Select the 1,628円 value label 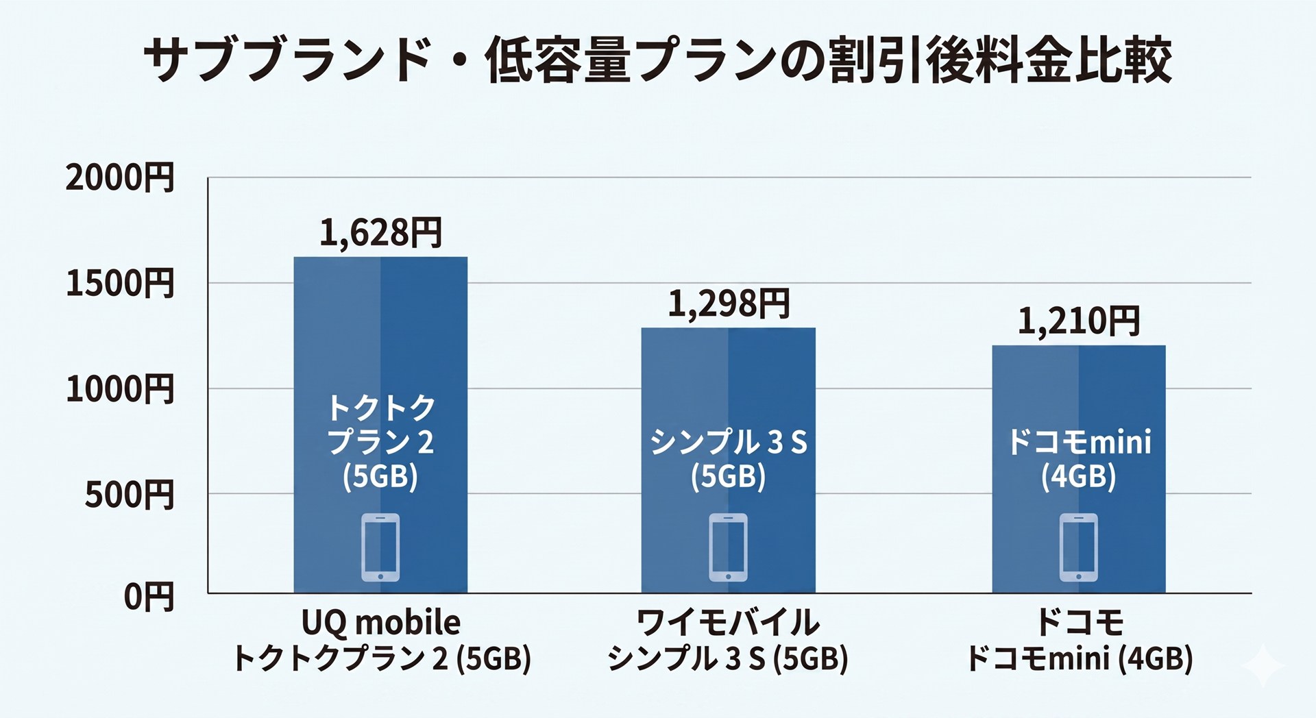click(x=381, y=233)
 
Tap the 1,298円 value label click(x=729, y=304)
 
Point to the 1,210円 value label click(x=1079, y=321)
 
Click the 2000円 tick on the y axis click(x=120, y=178)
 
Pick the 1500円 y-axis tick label click(x=120, y=284)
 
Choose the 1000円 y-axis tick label click(x=120, y=389)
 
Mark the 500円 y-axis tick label click(x=130, y=495)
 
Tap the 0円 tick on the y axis click(x=149, y=597)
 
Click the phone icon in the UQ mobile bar click(x=380, y=547)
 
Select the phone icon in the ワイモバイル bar click(x=729, y=547)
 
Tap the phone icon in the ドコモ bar click(x=1079, y=547)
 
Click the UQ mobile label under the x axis click(x=381, y=623)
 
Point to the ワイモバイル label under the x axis click(x=728, y=623)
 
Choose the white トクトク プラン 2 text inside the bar click(x=381, y=425)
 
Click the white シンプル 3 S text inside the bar click(x=729, y=443)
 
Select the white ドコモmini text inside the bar click(x=1079, y=443)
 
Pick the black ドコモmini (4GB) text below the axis click(x=1079, y=659)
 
